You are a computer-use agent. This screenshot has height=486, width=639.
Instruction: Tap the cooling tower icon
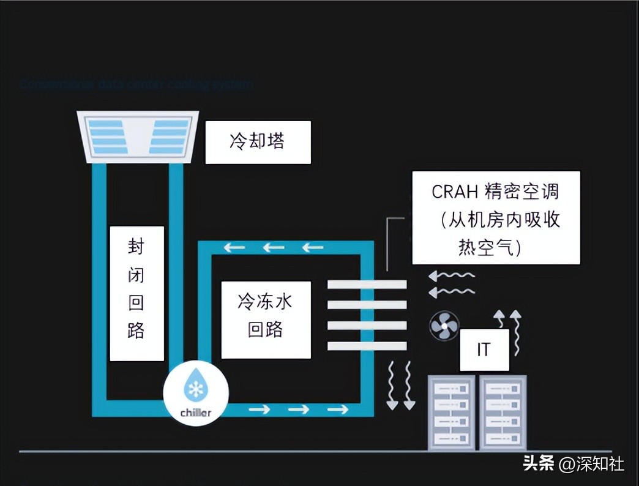click(x=138, y=136)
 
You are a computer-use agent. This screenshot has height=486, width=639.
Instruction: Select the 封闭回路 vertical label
click(x=136, y=293)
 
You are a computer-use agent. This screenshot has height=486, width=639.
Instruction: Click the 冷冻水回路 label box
click(x=266, y=319)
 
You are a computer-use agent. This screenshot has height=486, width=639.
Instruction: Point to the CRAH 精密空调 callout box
click(x=496, y=218)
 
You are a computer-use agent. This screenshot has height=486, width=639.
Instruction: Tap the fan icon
click(x=444, y=326)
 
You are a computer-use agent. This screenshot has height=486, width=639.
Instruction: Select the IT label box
click(x=484, y=350)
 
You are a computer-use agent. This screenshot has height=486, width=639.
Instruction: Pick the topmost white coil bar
click(x=367, y=285)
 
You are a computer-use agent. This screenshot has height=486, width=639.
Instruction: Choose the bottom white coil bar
click(x=367, y=346)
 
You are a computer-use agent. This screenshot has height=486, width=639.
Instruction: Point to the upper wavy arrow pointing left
click(x=452, y=275)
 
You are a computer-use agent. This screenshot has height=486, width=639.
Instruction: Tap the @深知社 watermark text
click(x=592, y=464)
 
